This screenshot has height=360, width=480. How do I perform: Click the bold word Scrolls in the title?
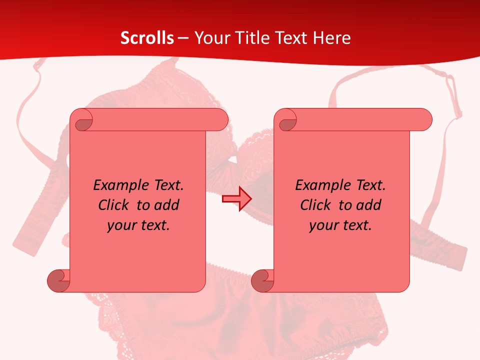147,38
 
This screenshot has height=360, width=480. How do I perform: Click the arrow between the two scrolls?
236,198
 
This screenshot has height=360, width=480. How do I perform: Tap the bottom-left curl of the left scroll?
58,280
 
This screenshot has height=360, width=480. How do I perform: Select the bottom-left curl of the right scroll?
262,280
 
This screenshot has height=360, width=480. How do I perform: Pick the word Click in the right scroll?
316,205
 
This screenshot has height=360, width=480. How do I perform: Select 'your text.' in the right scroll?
340,225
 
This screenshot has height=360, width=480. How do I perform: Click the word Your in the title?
210,38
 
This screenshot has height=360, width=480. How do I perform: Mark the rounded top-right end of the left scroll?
220,119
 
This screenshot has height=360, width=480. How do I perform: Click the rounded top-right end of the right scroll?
424,119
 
